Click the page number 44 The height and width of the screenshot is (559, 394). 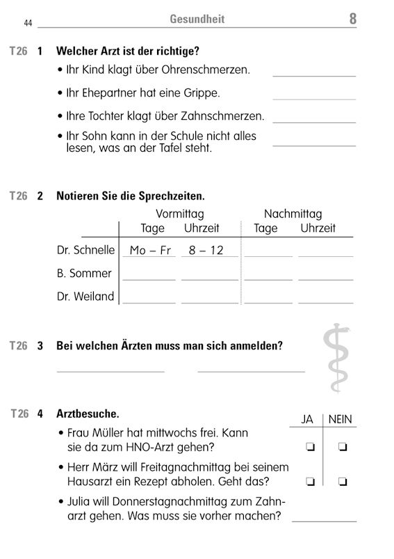(28, 23)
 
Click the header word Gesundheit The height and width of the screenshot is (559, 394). (197, 19)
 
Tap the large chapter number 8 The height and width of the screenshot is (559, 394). (352, 19)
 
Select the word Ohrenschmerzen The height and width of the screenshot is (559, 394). (210, 70)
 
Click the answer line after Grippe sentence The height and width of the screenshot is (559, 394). (313, 99)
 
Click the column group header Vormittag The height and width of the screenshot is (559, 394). (179, 214)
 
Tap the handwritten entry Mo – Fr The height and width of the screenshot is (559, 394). (150, 251)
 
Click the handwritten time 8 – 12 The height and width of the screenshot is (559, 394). (206, 251)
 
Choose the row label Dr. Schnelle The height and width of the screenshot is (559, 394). (85, 250)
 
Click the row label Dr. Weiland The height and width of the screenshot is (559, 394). (85, 297)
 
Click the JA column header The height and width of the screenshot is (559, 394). (307, 419)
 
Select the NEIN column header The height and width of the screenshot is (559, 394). (340, 419)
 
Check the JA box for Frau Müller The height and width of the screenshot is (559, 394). (309, 446)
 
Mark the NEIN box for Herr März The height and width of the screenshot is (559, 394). (342, 481)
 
